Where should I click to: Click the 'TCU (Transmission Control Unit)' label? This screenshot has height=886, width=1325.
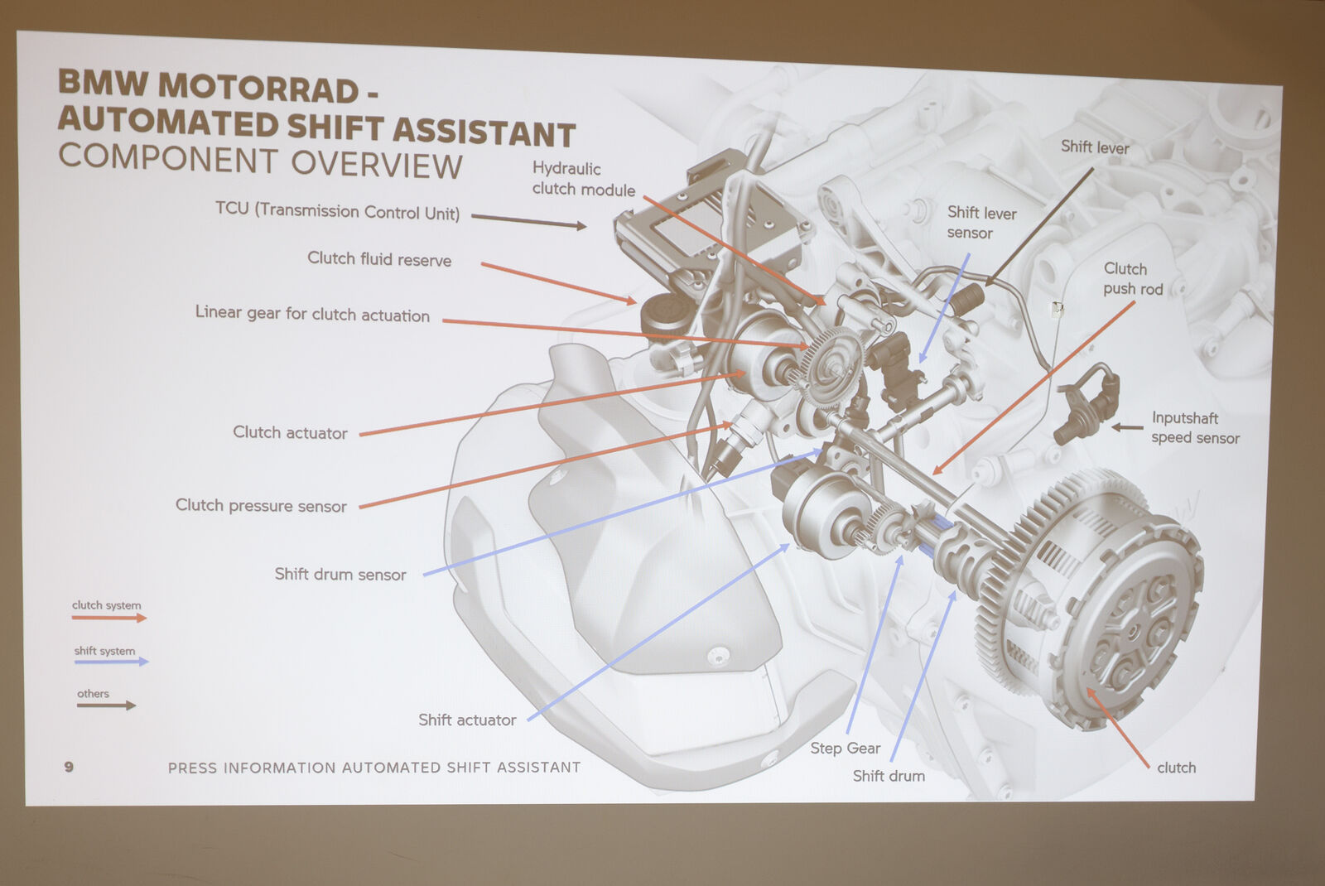337,211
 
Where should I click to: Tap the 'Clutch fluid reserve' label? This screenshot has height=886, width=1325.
379,259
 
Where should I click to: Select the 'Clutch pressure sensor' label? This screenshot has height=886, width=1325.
261,506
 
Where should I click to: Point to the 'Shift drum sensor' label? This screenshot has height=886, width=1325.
340,575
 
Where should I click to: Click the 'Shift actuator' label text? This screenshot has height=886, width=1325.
467,720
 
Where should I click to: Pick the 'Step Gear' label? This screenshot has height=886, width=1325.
846,749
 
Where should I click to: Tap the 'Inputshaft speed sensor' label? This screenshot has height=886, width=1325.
1195,427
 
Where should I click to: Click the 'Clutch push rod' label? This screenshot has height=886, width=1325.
1133,278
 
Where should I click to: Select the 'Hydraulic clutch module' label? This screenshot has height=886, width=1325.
583,179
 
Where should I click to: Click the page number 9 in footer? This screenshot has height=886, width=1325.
69,767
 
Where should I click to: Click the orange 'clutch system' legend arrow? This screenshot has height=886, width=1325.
108,618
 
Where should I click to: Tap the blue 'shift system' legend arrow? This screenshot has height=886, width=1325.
111,662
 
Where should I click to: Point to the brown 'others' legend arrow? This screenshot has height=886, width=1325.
107,705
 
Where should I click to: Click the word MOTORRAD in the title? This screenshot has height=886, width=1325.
258,88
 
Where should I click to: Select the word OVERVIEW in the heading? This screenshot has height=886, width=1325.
376,164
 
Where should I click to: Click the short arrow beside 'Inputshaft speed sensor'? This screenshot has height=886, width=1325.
1127,427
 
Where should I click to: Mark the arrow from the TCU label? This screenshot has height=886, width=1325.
529,220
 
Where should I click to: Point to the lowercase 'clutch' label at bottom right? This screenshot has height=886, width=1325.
1176,768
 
